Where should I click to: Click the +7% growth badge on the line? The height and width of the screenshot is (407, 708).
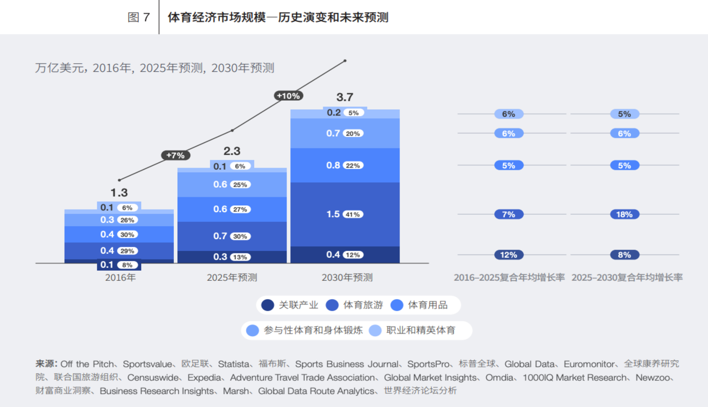click(175, 155)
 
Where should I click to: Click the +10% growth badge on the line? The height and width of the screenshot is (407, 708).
click(288, 96)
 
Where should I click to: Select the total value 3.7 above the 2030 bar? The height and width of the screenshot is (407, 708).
click(344, 97)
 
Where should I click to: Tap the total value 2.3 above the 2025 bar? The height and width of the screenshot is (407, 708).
click(232, 151)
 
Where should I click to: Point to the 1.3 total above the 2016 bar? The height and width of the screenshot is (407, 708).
click(119, 193)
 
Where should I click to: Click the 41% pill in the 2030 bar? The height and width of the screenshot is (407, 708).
click(353, 214)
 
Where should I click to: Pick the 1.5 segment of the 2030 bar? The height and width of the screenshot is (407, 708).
click(333, 214)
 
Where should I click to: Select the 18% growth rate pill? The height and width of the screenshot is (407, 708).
click(625, 214)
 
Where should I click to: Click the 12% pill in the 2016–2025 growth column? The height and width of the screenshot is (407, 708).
click(509, 255)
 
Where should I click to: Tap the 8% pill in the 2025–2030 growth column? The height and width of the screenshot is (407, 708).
click(625, 255)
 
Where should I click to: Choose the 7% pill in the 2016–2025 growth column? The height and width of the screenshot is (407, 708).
click(509, 214)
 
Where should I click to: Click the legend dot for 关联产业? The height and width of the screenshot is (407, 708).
click(267, 305)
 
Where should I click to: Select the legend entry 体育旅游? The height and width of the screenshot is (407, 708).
click(363, 305)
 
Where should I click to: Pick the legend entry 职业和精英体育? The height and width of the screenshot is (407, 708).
click(421, 330)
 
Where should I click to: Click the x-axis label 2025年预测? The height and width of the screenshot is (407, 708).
click(232, 277)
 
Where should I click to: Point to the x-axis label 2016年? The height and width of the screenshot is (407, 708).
click(120, 277)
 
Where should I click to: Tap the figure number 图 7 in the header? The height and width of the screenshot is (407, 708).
click(139, 17)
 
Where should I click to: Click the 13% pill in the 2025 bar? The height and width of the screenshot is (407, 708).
click(240, 257)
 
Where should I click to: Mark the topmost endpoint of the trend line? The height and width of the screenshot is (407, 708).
click(345, 61)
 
